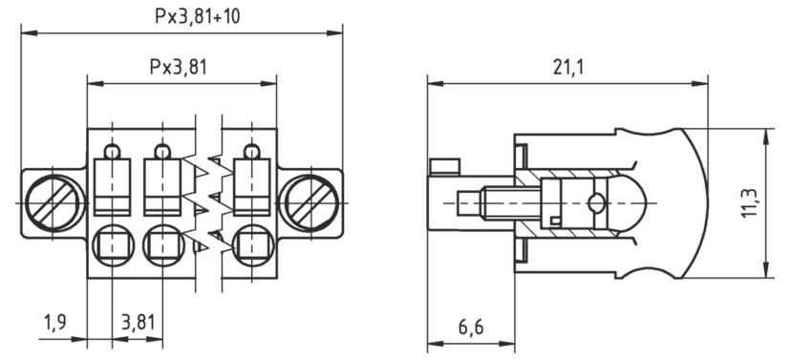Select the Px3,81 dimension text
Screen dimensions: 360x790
[x=179, y=68]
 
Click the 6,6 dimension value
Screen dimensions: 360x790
[x=469, y=328]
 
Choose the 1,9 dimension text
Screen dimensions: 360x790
[x=54, y=323]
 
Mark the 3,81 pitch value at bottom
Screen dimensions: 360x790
[x=138, y=323]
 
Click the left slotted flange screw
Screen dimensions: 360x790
[x=48, y=202]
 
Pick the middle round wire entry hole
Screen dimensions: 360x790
[x=162, y=244]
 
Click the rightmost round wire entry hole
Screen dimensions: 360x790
[x=251, y=244]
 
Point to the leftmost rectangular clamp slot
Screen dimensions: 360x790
[x=114, y=186]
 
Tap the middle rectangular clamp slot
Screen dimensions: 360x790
[x=161, y=186]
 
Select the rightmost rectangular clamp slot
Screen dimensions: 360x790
[x=250, y=186]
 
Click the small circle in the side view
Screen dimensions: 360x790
[x=596, y=202]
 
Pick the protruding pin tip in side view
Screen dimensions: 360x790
[x=468, y=203]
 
